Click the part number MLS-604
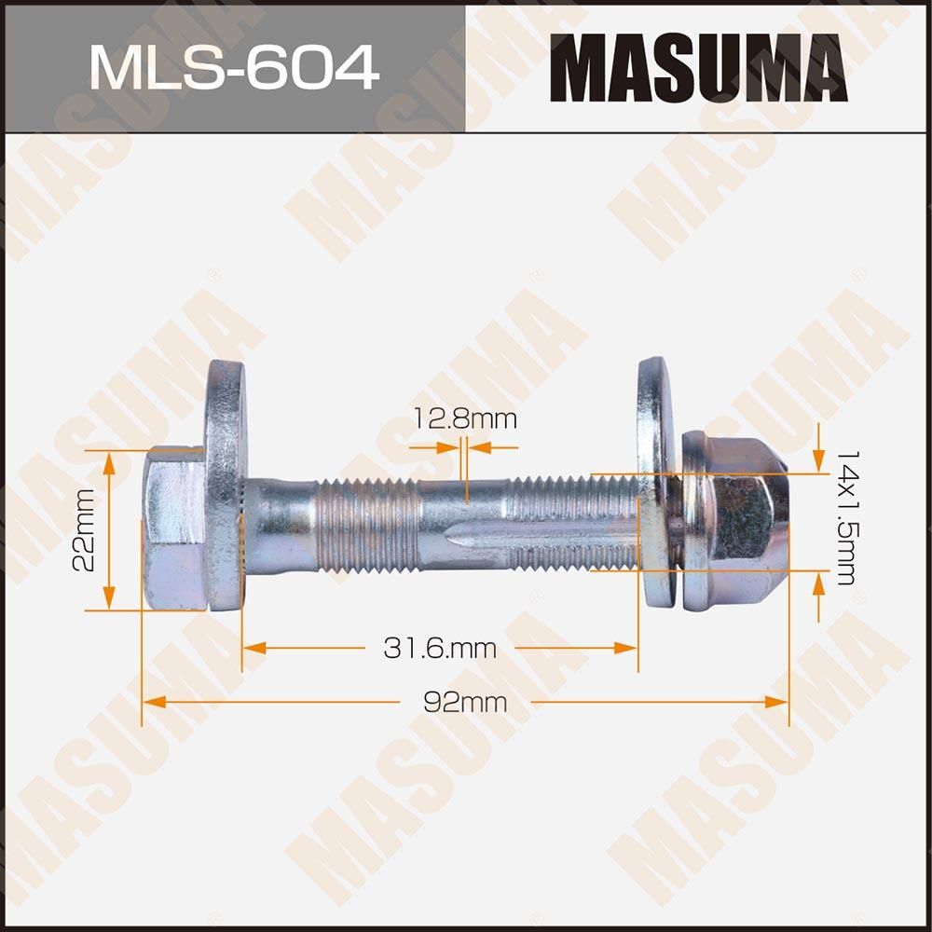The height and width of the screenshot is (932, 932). [x=233, y=67]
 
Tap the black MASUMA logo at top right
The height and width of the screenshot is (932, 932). [x=698, y=67]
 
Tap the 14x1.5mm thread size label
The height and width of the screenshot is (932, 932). [x=845, y=517]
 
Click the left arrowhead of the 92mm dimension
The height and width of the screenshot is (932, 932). [x=150, y=703]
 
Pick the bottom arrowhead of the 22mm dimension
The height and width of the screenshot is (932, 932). [x=108, y=601]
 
